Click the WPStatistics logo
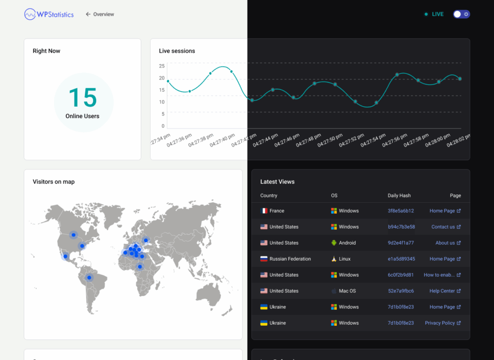point(49,14)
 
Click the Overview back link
point(100,14)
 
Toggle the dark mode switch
point(461,14)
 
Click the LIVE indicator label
point(438,14)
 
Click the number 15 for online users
point(82,98)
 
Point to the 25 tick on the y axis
point(162,66)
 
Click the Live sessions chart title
point(177,51)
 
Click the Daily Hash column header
point(399,195)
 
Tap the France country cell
point(272,211)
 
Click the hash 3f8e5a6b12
point(401,211)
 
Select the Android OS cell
point(343,243)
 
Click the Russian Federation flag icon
point(264,259)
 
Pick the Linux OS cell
point(341,259)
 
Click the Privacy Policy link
point(443,323)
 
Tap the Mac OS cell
point(343,291)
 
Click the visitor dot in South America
point(89,278)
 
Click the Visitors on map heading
point(54,181)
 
